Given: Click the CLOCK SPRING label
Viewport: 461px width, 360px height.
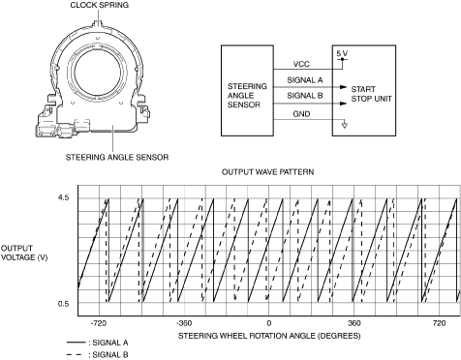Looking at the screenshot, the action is [x=99, y=5].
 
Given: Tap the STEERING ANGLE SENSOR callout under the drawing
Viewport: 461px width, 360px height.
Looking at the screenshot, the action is [x=117, y=158].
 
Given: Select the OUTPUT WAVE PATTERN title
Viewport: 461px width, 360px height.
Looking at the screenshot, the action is [x=267, y=172].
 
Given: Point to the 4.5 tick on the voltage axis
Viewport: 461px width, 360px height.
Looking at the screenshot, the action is [x=64, y=197].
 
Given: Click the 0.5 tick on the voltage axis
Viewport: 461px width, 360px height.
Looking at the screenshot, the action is [x=64, y=304].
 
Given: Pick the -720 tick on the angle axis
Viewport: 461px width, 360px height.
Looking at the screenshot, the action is [x=99, y=323].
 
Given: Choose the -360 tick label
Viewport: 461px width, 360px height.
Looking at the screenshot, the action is [x=184, y=323].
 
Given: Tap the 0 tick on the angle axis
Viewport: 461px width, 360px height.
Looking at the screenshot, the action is [x=269, y=323].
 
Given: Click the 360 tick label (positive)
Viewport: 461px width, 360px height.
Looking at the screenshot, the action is [x=354, y=323].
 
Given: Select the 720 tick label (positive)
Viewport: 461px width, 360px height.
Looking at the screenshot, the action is [x=439, y=323].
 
